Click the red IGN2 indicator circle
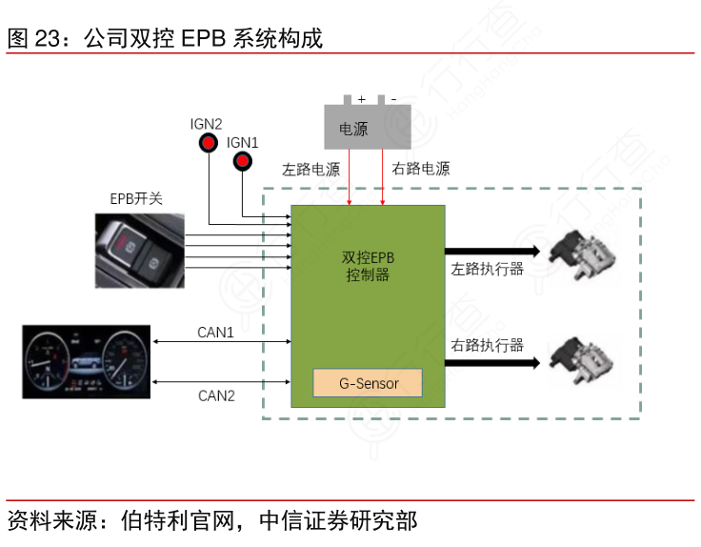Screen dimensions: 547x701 click(x=208, y=144)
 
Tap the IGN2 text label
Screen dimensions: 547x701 click(x=206, y=124)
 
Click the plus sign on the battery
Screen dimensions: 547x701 click(x=362, y=98)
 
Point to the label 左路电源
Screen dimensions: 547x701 click(x=310, y=170)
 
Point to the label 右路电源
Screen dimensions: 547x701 click(x=420, y=169)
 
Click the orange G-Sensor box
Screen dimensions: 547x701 click(x=369, y=383)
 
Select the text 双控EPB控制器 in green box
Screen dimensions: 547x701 click(x=368, y=266)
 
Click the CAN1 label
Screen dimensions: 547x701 click(x=215, y=333)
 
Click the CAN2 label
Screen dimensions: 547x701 click(x=216, y=395)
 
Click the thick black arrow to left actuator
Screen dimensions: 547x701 click(x=492, y=252)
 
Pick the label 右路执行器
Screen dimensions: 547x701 click(x=488, y=344)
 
